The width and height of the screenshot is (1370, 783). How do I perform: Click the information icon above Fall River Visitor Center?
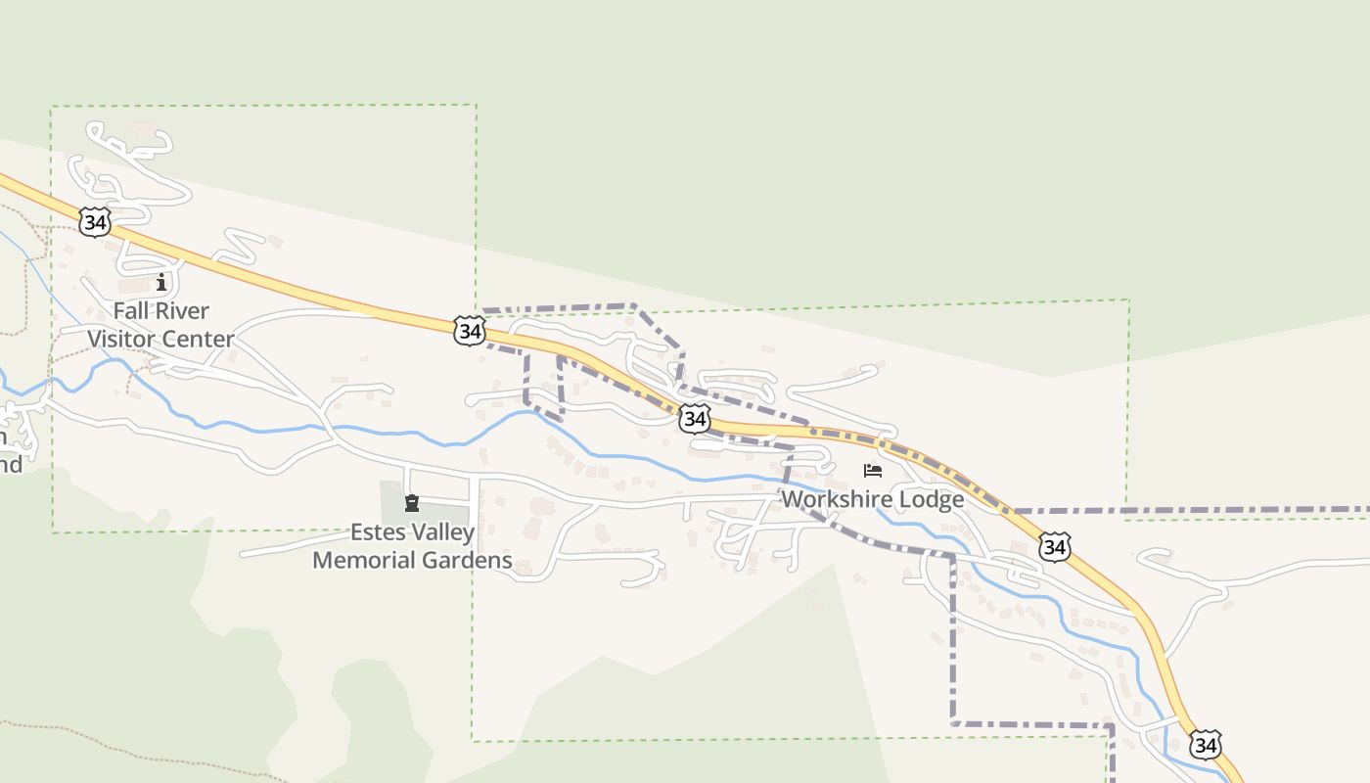[x=161, y=283]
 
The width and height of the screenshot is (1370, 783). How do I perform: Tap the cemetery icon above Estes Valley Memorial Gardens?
[x=412, y=503]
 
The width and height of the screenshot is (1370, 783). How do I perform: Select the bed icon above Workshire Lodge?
[x=873, y=471]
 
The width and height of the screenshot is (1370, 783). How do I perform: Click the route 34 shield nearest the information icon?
[x=95, y=222]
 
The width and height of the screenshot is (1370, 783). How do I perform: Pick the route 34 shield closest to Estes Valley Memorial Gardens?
[x=470, y=331]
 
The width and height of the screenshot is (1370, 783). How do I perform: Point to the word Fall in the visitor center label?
[x=132, y=311]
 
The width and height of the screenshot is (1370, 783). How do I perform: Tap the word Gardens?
[x=470, y=560]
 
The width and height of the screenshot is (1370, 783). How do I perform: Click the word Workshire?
[x=836, y=499]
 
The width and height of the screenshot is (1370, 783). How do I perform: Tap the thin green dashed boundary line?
[x=477, y=196]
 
